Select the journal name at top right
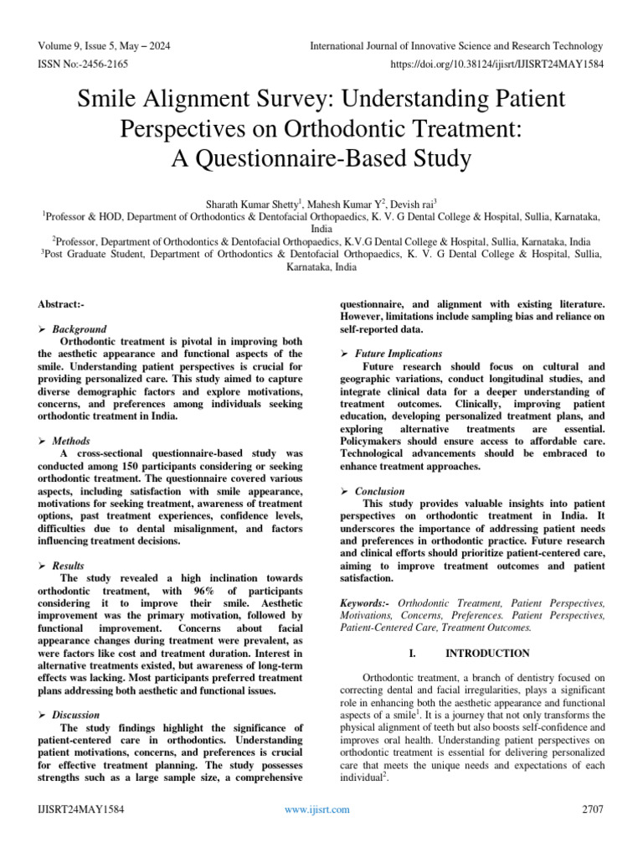[455, 46]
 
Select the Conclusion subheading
[379, 491]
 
